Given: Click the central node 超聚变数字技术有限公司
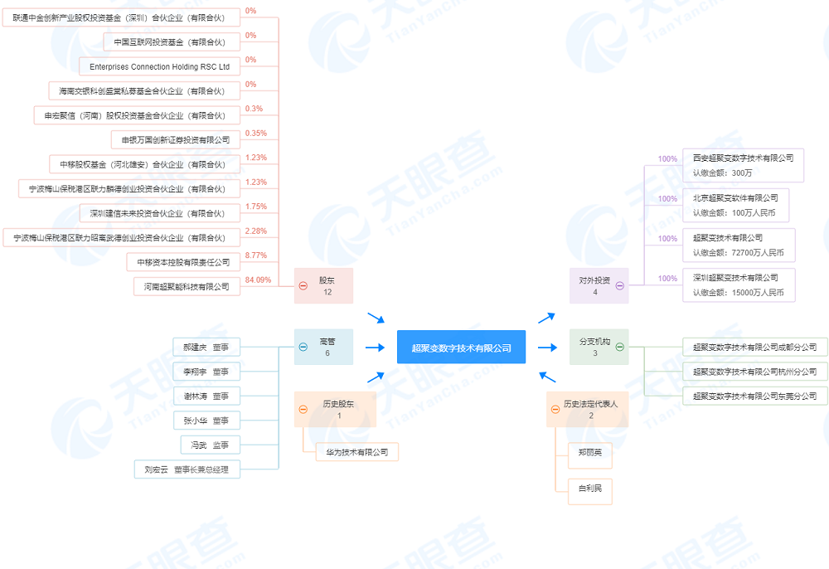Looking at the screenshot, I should click(x=461, y=348).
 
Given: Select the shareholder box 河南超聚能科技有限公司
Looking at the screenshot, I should click(x=187, y=286).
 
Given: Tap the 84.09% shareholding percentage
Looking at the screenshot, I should click(x=258, y=280).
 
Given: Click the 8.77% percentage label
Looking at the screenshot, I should click(x=256, y=255).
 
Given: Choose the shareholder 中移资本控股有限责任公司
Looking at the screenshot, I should click(x=183, y=262).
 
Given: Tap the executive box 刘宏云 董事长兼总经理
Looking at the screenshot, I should click(x=187, y=469).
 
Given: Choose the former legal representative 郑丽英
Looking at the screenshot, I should click(x=590, y=452).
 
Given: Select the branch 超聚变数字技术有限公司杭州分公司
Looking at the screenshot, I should click(x=754, y=372).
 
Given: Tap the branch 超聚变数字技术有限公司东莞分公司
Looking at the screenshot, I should click(x=754, y=396).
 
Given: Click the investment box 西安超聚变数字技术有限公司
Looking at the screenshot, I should click(x=738, y=164).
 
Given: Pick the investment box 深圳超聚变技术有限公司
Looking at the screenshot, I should click(x=738, y=284).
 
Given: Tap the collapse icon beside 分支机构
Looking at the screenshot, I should click(x=619, y=348).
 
